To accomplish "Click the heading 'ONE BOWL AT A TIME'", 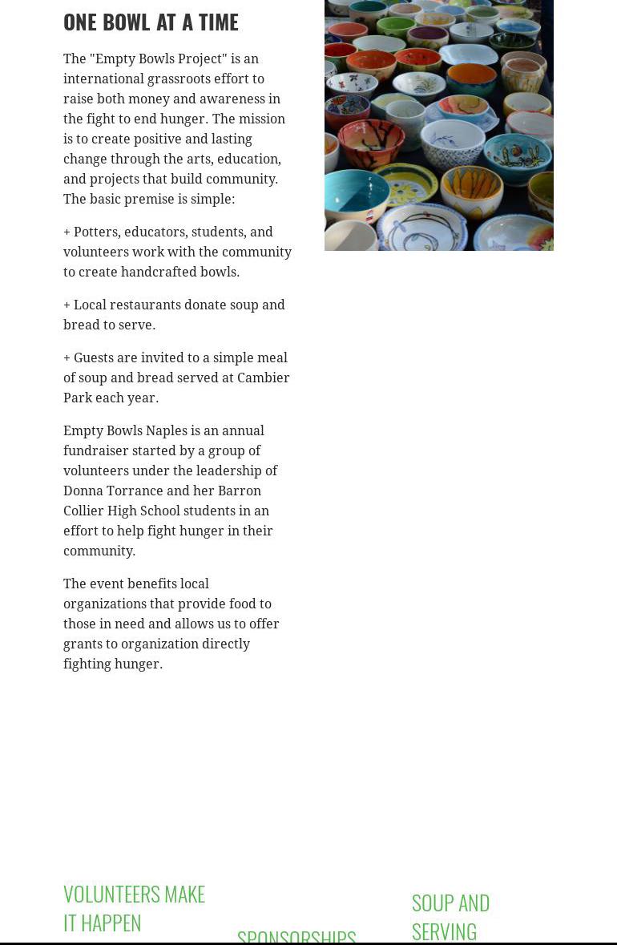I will [151, 22].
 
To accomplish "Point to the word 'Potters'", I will [95, 232].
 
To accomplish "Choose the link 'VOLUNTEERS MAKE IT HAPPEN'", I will [134, 907].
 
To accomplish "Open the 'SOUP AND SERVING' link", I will [450, 916].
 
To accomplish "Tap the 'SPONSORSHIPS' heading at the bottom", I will [296, 936].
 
